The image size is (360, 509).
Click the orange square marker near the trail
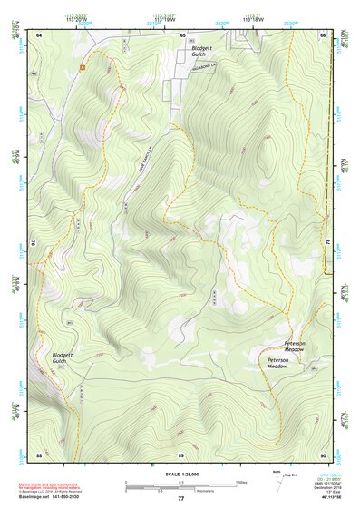pos(82,66)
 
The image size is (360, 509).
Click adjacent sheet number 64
pos(39,34)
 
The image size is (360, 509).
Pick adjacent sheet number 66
pos(323,34)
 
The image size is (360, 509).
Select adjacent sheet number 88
pos(39,454)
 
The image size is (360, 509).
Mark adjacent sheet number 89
pos(180,454)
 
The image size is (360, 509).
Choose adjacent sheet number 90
pos(323,454)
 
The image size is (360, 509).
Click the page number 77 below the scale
pos(180,499)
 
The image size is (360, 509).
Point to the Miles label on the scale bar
pos(240,481)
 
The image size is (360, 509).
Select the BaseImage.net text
pos(57,497)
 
